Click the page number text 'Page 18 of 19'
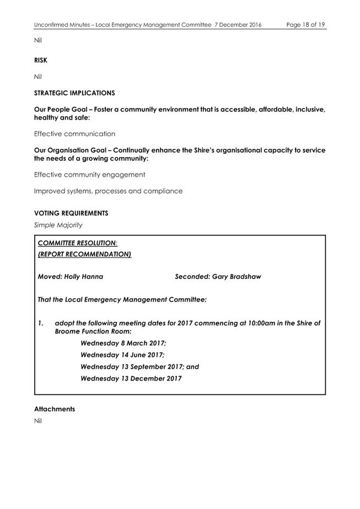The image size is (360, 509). click(x=305, y=25)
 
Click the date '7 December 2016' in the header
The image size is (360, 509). click(x=238, y=25)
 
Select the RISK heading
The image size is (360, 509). click(x=40, y=60)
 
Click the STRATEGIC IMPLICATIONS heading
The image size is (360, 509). click(x=74, y=93)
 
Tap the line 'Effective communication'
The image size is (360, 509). click(x=74, y=133)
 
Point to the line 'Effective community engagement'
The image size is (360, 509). click(x=89, y=174)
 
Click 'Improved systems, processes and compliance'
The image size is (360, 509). click(x=108, y=191)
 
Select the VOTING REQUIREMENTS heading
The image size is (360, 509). click(x=71, y=213)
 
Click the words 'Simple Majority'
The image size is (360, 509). click(x=59, y=224)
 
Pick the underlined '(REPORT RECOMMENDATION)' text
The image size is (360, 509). click(x=84, y=254)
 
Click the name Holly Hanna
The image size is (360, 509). click(x=83, y=276)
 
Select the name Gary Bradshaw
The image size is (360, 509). click(x=237, y=276)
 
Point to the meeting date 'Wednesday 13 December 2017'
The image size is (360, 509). click(x=131, y=378)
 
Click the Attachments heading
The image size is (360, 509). click(x=54, y=409)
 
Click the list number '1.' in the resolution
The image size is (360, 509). click(x=41, y=323)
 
